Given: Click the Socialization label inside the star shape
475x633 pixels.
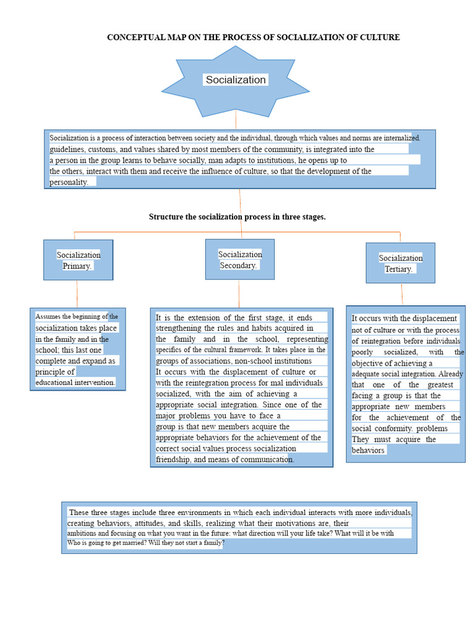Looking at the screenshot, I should pyautogui.click(x=236, y=80).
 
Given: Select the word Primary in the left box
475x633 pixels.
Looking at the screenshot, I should pyautogui.click(x=77, y=266).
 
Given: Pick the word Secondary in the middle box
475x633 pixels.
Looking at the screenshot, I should pyautogui.click(x=239, y=265).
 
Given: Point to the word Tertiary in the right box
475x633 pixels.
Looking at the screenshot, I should pyautogui.click(x=399, y=269).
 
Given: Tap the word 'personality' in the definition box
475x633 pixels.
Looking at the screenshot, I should pyautogui.click(x=70, y=182).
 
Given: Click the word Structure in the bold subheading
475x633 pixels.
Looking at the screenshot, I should pyautogui.click(x=166, y=217).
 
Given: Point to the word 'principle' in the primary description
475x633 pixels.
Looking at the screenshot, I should pyautogui.click(x=55, y=372).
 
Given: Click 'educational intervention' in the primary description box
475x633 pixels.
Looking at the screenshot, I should pyautogui.click(x=75, y=383).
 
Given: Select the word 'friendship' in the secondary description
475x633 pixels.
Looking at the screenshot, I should pyautogui.click(x=176, y=459).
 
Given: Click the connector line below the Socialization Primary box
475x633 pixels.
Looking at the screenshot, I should pyautogui.click(x=77, y=294).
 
